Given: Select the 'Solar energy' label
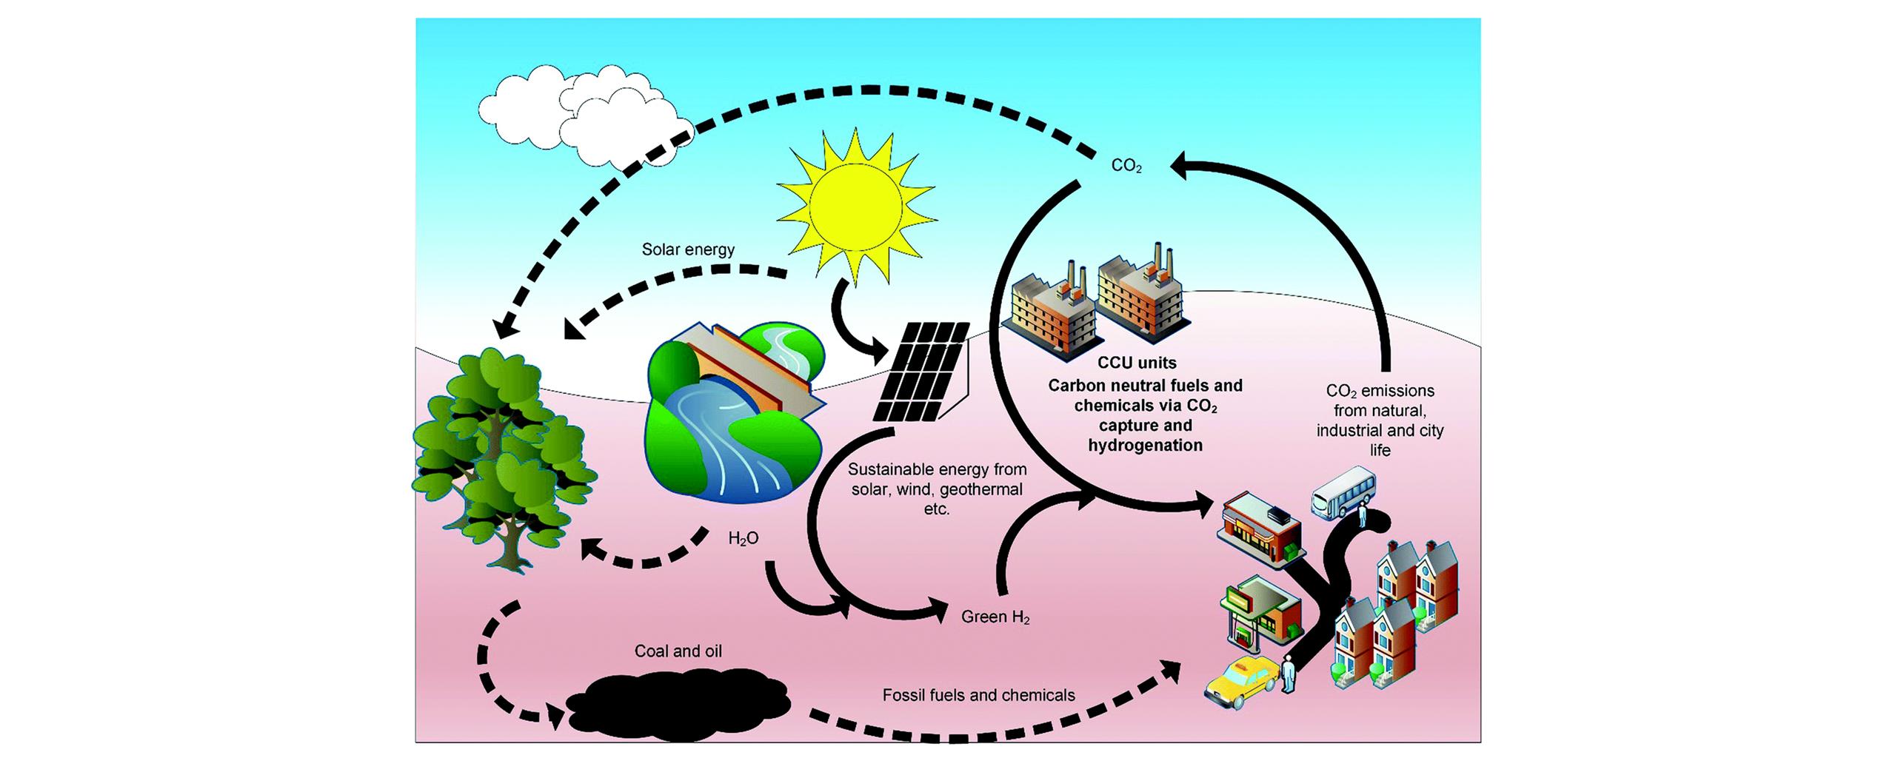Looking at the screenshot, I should point(688,249).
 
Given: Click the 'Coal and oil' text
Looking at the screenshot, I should point(678,651).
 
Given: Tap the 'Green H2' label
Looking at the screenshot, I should point(995,617).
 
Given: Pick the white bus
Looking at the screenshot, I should point(1344,491).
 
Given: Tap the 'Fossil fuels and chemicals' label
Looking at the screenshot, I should point(978,695).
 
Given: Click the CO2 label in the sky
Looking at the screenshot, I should point(1126,167).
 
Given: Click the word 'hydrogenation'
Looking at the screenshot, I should point(1145,445).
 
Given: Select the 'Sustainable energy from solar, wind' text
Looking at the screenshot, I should point(937,479).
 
